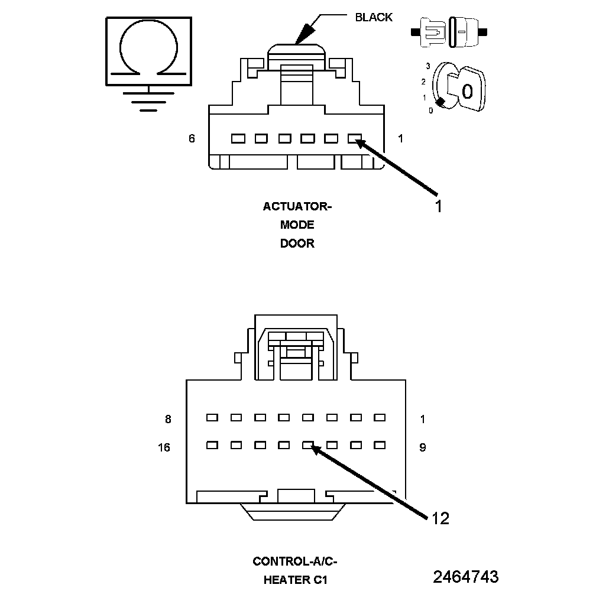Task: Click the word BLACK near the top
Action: tap(373, 17)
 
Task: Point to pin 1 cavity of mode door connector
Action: tap(354, 139)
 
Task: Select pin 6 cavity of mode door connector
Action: tap(238, 139)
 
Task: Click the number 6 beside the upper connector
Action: tap(192, 139)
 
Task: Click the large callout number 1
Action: tap(438, 206)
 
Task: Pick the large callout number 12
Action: tap(440, 518)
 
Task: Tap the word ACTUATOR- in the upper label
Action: tap(297, 207)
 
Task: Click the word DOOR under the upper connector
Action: tap(297, 243)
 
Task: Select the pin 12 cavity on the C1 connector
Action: tap(307, 445)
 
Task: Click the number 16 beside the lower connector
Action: tap(164, 448)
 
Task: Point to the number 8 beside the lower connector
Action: tap(168, 420)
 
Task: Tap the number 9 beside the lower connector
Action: tap(422, 448)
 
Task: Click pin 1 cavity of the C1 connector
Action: tap(380, 417)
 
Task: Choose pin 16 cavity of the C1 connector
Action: tap(212, 445)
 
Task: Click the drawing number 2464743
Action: tap(465, 577)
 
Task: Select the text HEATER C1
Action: tap(295, 580)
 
